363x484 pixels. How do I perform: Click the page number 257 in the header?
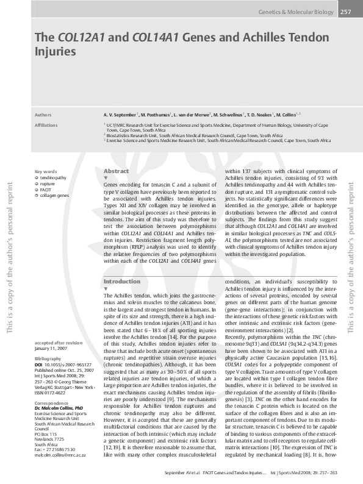[345, 12]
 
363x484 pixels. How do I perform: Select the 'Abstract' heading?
[117, 171]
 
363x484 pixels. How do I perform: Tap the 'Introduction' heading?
[121, 281]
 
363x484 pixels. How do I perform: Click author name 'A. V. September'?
[121, 114]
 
